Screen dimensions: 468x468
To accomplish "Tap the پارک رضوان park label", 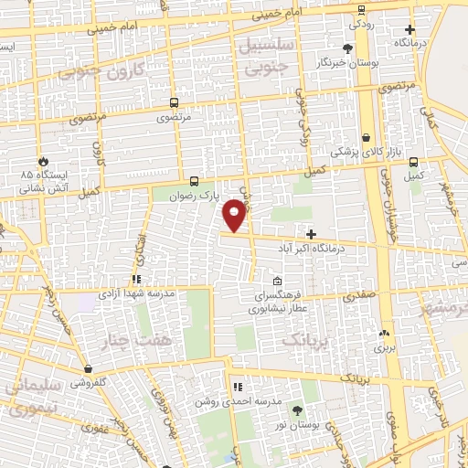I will click(x=205, y=196).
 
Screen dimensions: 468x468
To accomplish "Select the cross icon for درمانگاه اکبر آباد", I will click(x=311, y=234).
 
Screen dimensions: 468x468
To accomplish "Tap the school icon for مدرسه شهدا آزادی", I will click(x=136, y=280).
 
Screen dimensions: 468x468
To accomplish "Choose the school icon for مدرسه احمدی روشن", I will click(x=236, y=388).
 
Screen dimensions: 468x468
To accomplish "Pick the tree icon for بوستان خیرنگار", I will click(x=347, y=48).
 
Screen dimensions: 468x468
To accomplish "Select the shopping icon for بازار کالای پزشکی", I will click(x=367, y=138).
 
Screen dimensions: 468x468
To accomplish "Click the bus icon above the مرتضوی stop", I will click(x=175, y=103).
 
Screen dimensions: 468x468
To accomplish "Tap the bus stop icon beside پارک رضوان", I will click(x=193, y=181).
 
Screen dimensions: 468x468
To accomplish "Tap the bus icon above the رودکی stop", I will click(x=361, y=10).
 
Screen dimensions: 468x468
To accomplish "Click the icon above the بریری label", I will click(x=382, y=334).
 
